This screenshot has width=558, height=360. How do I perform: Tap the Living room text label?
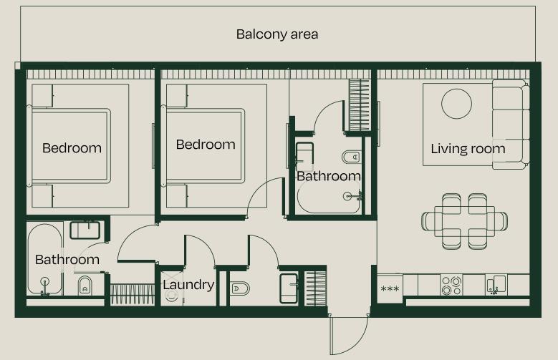(x=468, y=150)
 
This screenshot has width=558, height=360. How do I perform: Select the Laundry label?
(x=188, y=285)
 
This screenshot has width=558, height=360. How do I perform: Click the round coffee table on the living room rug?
(x=456, y=103)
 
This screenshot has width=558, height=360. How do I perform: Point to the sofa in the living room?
(x=510, y=124)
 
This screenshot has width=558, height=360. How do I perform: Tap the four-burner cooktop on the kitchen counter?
(x=451, y=286)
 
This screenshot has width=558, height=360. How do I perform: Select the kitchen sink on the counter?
(x=496, y=285)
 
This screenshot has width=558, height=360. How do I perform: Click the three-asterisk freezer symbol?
(x=390, y=289)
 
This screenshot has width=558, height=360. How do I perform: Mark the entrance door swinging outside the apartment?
(x=349, y=335)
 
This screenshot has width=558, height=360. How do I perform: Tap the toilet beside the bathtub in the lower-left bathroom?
(x=85, y=286)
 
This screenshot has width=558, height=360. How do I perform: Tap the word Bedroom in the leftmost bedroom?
(x=72, y=149)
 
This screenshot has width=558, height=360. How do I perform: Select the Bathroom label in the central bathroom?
(x=328, y=176)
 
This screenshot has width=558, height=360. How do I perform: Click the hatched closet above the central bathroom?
(x=358, y=105)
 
